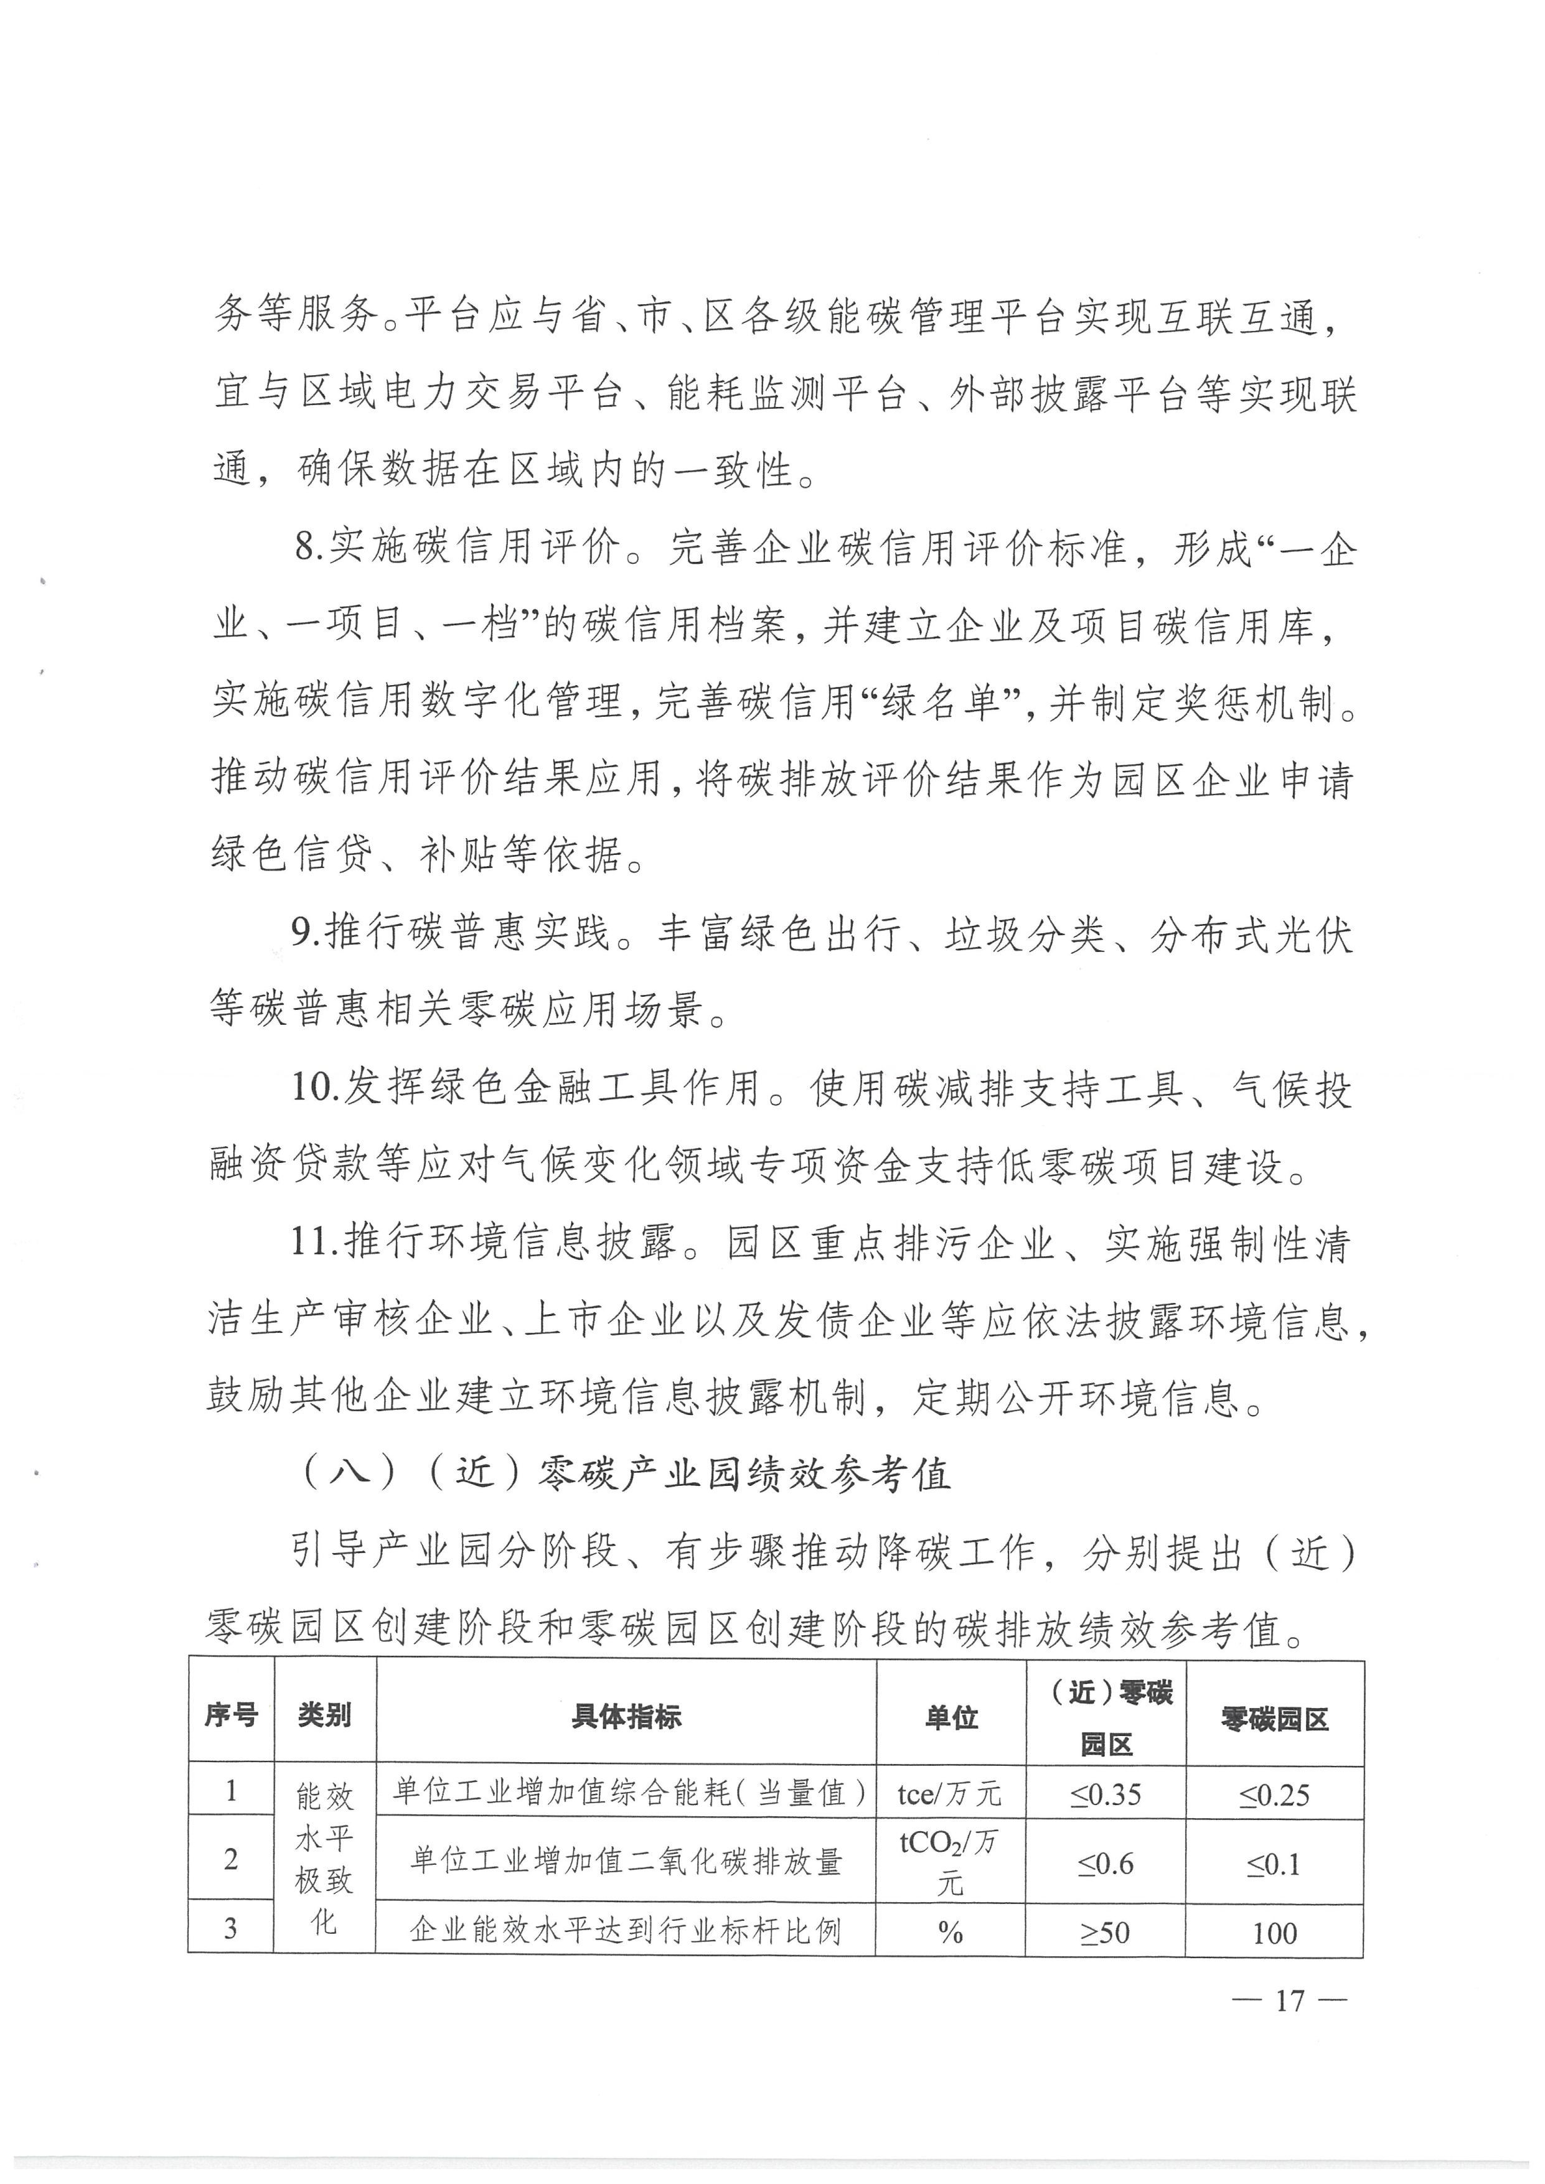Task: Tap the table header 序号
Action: [231, 1715]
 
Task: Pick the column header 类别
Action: [324, 1715]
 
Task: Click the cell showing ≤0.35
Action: [1106, 1795]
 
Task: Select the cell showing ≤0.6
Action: [1106, 1862]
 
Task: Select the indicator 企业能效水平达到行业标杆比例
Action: [626, 1931]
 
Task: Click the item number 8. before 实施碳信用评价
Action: [308, 549]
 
